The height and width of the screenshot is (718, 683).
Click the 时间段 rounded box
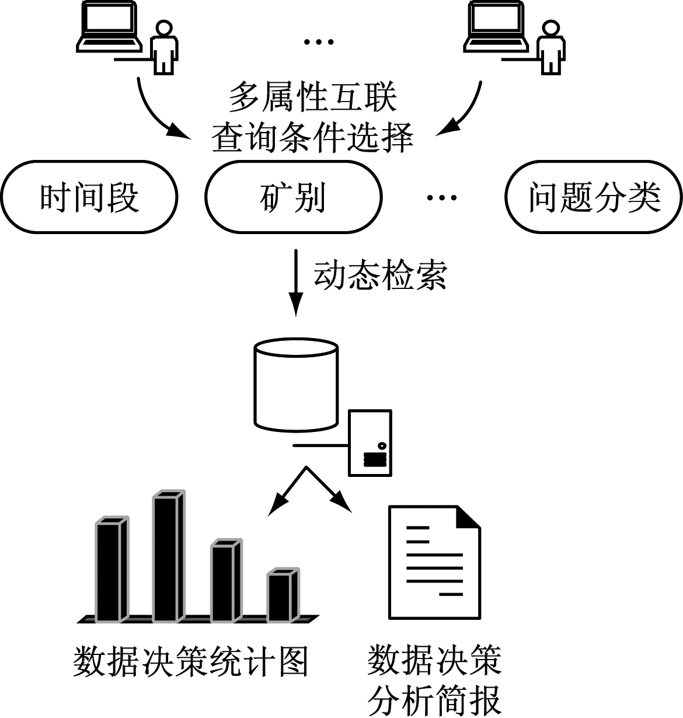89,196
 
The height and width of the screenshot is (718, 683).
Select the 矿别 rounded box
294,196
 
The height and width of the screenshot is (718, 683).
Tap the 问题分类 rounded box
594,196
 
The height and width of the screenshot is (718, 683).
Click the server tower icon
370,442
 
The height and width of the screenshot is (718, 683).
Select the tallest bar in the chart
168,557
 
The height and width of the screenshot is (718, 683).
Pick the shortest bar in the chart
283,595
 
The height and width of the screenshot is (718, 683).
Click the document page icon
434,562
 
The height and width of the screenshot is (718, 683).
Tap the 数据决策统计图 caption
190,661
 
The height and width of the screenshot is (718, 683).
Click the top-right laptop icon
496,26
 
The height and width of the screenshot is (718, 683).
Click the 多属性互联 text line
313,97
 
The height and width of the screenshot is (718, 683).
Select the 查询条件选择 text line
313,138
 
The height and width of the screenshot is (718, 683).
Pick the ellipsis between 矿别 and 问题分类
441,197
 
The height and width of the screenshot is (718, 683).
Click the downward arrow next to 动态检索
297,283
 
